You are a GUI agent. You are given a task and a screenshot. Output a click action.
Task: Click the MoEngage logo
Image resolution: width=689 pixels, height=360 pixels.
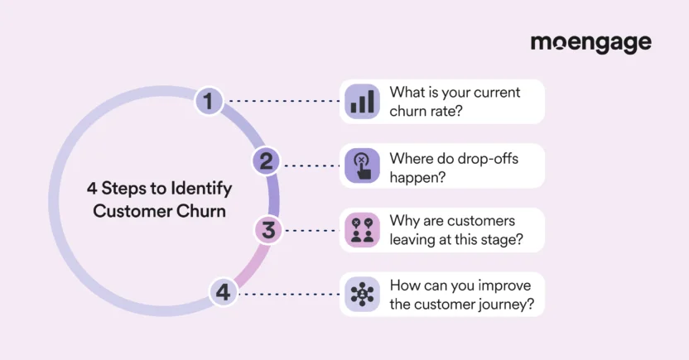click(x=590, y=43)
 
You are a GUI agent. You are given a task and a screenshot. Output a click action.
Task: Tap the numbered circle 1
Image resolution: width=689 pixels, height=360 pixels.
click(x=209, y=102)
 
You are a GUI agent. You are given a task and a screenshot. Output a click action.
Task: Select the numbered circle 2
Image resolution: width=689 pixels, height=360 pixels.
click(x=265, y=161)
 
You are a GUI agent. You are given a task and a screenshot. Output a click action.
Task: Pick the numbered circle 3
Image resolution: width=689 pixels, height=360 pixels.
click(x=267, y=229)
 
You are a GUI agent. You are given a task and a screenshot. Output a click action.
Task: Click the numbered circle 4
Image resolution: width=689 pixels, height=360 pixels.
click(x=222, y=292)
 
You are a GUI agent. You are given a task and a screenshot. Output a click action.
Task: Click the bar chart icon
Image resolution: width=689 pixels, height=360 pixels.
click(x=361, y=101)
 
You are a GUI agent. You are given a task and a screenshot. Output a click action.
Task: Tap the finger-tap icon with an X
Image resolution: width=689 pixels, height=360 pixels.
click(x=361, y=165)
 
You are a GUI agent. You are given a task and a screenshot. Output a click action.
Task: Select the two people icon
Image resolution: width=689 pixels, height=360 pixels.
click(x=361, y=229)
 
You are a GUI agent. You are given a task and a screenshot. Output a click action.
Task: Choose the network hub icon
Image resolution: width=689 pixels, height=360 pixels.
click(x=361, y=293)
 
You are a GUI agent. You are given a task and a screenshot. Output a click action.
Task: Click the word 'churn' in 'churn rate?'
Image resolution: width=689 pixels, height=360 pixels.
click(x=409, y=110)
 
